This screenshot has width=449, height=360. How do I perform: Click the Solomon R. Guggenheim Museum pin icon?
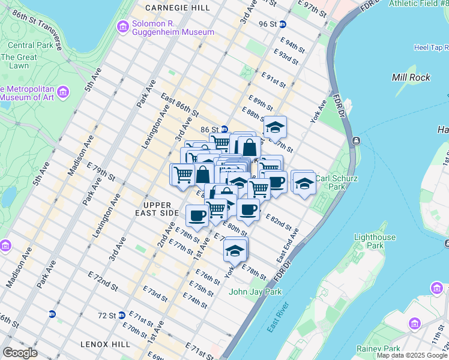click(123, 27)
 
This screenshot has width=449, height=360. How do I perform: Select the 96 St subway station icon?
click(283, 24)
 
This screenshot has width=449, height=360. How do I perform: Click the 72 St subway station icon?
click(122, 314)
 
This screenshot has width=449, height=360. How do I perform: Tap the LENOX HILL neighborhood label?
click(105, 344)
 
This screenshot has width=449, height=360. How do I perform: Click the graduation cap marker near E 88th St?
click(275, 127)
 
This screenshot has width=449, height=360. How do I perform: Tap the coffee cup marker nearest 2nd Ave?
click(197, 215)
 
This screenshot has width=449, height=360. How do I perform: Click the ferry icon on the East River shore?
click(357, 141)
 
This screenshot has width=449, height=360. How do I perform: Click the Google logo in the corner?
click(20, 353)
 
